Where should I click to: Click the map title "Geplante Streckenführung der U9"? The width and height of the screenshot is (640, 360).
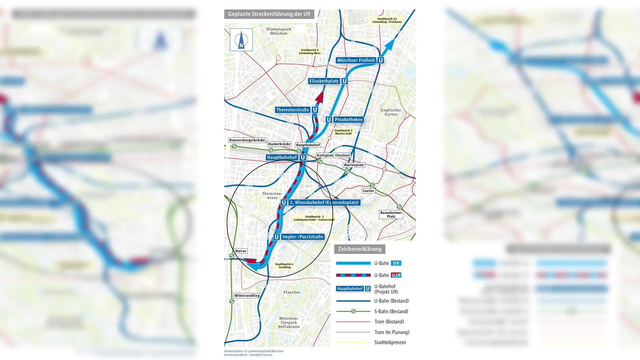[x=269, y=14]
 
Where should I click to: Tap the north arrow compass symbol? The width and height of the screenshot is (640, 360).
[x=241, y=40]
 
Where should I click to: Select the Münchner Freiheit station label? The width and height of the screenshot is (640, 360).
[x=356, y=60]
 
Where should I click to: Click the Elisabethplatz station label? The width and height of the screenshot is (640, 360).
[x=324, y=81]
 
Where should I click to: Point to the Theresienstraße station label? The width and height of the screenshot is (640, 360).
[x=292, y=110]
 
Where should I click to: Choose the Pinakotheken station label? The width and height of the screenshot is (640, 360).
[x=348, y=120]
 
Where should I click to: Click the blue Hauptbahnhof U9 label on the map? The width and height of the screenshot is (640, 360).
[x=282, y=158]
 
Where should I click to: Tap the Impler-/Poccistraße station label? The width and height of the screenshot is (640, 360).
[x=302, y=237]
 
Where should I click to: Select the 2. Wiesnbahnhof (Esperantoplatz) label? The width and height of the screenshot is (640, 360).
[x=324, y=202]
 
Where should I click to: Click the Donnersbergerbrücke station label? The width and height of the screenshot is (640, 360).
[x=247, y=140]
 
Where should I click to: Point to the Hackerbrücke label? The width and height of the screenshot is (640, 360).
[x=279, y=144]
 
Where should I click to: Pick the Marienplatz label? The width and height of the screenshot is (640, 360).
[x=354, y=165]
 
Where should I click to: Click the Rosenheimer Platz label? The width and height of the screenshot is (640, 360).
[x=391, y=215]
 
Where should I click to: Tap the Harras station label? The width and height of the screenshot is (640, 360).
[x=241, y=251]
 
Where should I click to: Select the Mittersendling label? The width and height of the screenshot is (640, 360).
[x=247, y=296]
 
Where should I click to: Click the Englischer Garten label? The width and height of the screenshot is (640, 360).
[x=391, y=112]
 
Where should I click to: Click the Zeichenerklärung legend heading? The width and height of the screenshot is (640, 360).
[x=360, y=249]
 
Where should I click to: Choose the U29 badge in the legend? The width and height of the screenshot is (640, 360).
[x=396, y=275]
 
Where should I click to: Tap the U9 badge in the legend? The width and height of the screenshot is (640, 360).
[x=396, y=263]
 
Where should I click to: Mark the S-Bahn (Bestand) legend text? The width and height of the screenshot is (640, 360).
[x=391, y=312]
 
